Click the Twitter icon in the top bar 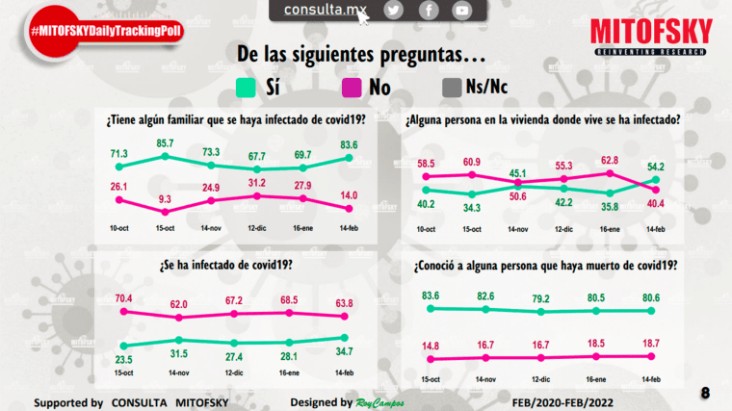pos(393,11)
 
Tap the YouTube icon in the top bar pos(462,11)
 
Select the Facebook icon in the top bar pos(429,11)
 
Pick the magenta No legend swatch pos(353,89)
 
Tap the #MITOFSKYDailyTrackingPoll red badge pos(106,32)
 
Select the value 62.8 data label pos(608,161)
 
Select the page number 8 pos(706,393)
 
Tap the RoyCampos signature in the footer pos(380,401)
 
